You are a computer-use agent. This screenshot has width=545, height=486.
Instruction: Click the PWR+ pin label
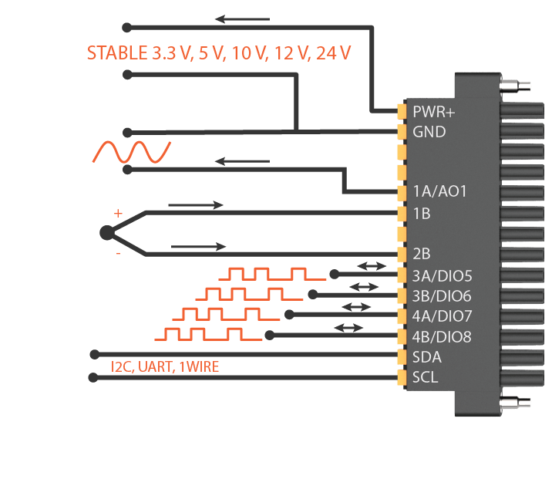point(434,111)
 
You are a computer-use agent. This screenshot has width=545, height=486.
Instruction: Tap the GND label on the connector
point(429,132)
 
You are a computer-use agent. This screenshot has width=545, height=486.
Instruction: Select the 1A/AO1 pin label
point(440,192)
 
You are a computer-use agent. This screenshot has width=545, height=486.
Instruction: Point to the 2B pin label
point(422,253)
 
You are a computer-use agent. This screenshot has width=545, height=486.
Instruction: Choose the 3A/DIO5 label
point(442,274)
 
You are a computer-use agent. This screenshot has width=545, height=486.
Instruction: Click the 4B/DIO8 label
point(442,336)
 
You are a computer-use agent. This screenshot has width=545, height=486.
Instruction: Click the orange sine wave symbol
point(131,152)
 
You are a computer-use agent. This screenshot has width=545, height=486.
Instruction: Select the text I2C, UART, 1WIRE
point(165,367)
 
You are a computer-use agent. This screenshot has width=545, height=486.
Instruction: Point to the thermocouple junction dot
point(106,232)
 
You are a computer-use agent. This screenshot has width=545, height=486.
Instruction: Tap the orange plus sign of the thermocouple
point(118,213)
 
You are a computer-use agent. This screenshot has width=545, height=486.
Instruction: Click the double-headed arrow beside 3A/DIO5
point(372,266)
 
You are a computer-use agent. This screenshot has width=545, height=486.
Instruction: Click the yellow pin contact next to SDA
point(402,356)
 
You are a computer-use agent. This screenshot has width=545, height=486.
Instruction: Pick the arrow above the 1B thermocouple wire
point(196,205)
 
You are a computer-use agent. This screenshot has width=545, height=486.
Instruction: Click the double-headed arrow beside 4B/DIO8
point(348,328)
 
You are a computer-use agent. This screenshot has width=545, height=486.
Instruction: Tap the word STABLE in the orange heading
point(115,53)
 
